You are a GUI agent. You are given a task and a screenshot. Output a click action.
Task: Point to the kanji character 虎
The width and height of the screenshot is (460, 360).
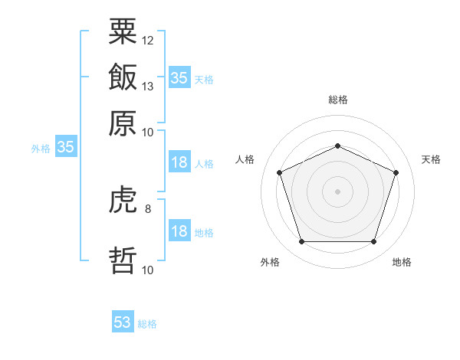[x=123, y=201]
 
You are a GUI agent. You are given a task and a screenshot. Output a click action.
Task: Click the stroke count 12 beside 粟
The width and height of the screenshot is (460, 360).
[x=148, y=40]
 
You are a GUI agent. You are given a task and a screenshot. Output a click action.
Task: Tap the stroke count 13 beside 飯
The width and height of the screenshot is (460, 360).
[x=148, y=86]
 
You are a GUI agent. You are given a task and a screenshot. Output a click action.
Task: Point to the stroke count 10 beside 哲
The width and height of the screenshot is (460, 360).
[x=148, y=270]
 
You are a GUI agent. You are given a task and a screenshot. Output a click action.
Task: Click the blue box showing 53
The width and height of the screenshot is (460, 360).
[x=123, y=322]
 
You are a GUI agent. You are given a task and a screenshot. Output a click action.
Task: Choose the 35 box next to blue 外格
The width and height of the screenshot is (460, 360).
[x=65, y=148]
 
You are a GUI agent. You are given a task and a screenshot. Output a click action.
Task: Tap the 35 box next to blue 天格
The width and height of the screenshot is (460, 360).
[x=179, y=78]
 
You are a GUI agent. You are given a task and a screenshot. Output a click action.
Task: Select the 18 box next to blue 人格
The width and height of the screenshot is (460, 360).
[x=179, y=162]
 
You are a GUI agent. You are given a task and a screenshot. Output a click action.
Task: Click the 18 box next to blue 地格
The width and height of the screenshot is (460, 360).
[x=179, y=231]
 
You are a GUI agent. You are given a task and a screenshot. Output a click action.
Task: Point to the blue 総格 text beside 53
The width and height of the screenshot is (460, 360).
[x=147, y=324]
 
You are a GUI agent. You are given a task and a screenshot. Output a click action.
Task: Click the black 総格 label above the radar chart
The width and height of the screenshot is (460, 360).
[x=337, y=100]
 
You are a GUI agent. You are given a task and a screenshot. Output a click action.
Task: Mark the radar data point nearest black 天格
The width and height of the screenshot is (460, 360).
[x=396, y=172]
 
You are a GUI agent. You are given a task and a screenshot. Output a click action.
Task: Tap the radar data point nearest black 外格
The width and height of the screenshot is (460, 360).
[x=301, y=242]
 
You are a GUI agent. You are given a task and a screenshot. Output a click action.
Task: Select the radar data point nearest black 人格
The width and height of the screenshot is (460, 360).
[x=279, y=172]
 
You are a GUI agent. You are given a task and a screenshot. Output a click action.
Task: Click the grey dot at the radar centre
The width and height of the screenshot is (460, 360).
[x=337, y=191]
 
